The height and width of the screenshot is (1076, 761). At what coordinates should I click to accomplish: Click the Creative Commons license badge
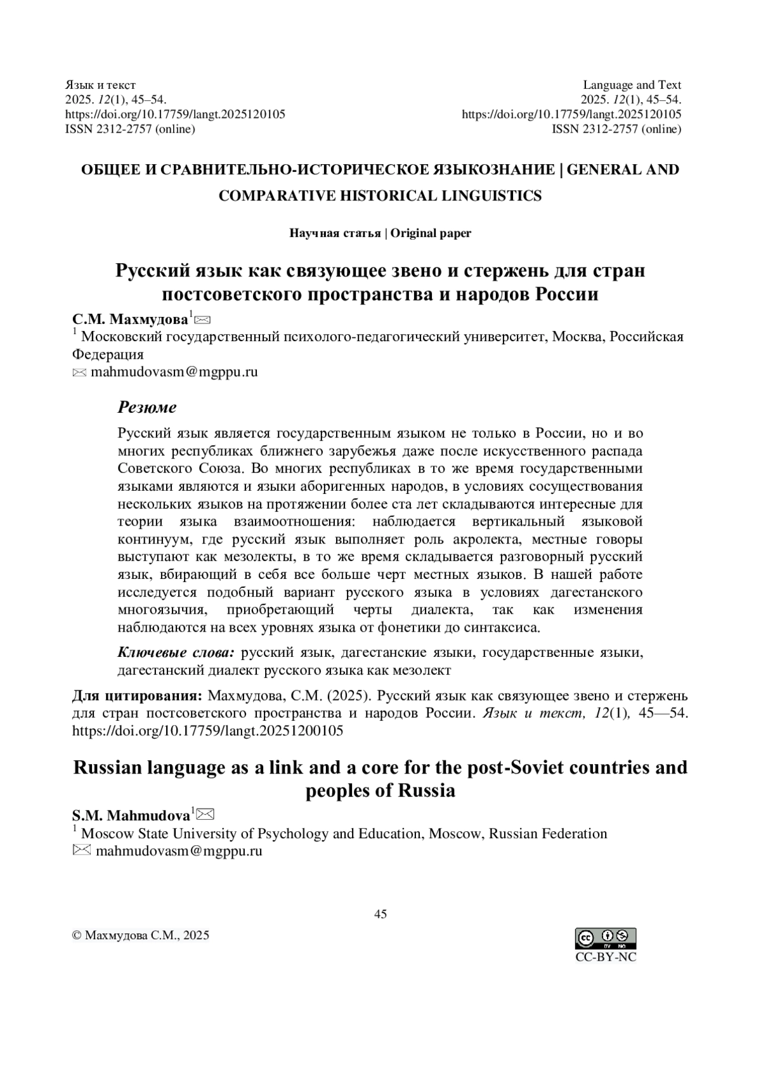pyautogui.click(x=605, y=938)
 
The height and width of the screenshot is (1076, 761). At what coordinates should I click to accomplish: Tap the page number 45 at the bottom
pyautogui.click(x=380, y=914)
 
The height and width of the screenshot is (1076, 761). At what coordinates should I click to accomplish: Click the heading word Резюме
pyautogui.click(x=147, y=407)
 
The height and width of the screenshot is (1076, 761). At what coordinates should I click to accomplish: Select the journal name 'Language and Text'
pyautogui.click(x=632, y=85)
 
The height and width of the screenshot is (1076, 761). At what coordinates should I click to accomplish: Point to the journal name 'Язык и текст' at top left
pyautogui.click(x=101, y=85)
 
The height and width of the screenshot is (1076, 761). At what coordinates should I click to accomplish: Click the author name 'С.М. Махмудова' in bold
pyautogui.click(x=131, y=318)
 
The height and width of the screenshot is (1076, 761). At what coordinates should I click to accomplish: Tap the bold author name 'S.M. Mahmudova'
pyautogui.click(x=131, y=815)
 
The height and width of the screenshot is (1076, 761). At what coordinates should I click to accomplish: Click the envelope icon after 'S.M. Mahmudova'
pyautogui.click(x=206, y=813)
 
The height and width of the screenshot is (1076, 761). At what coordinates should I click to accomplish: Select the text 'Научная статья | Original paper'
pyautogui.click(x=380, y=233)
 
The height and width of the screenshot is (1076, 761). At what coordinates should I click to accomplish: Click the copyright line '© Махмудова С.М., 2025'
pyautogui.click(x=141, y=935)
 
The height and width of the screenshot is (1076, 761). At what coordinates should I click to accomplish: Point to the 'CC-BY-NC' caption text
pyautogui.click(x=606, y=957)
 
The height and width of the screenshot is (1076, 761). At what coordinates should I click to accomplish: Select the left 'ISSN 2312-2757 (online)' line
pyautogui.click(x=131, y=129)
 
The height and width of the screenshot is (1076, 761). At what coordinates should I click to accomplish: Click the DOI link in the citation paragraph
pyautogui.click(x=208, y=730)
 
